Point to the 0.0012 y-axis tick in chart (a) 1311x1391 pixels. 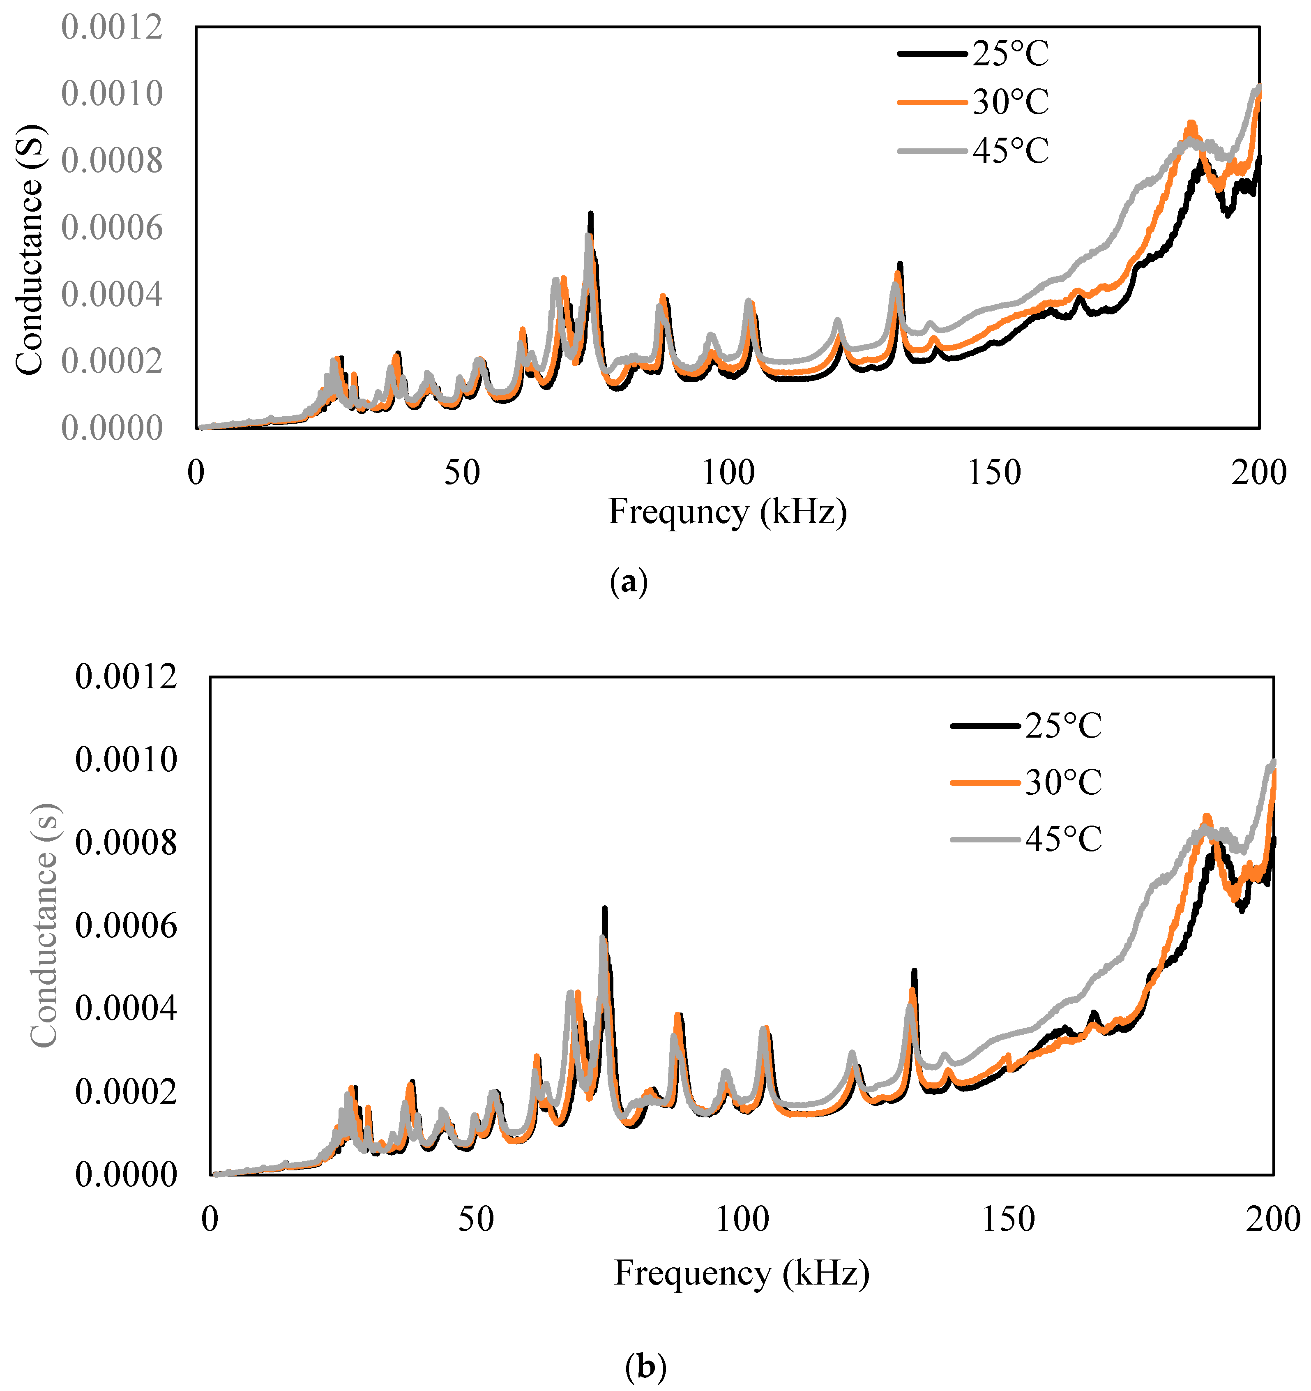tap(112, 28)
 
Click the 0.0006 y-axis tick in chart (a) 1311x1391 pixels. tap(112, 228)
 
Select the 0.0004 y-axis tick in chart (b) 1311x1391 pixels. tap(126, 1008)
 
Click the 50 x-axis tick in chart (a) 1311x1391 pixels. tap(462, 474)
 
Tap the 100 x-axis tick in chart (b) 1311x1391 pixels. tap(742, 1220)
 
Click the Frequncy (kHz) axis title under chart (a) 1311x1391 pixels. tap(728, 512)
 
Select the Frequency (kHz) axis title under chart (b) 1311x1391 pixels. tap(742, 1273)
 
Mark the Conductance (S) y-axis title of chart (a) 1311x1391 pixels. tap(30, 251)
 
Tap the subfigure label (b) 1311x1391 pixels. tap(645, 1366)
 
